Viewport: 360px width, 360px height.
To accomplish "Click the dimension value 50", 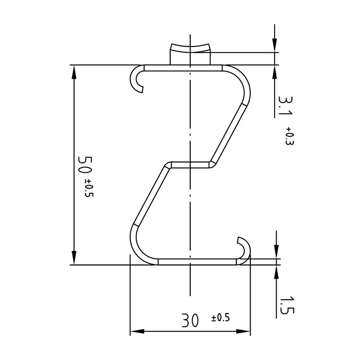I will coord(85,165).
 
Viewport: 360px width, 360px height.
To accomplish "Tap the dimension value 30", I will coord(190,321).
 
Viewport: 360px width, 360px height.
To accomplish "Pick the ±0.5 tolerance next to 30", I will coord(221,318).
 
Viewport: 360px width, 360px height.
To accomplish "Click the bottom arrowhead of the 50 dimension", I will coord(74,257).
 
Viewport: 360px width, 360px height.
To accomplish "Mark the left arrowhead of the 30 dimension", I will coord(137,332).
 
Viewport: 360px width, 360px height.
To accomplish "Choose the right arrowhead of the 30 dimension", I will coord(243,332).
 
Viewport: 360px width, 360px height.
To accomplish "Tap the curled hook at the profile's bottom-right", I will coord(244,247).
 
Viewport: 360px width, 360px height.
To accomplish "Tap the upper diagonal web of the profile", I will coord(229,132).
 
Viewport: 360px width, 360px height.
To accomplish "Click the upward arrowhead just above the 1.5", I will coord(276,272).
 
